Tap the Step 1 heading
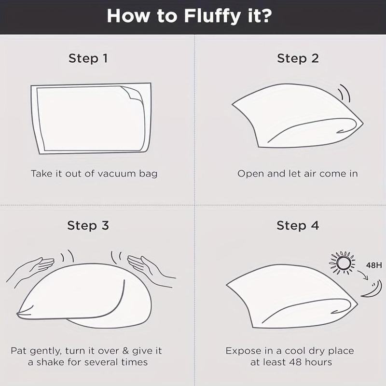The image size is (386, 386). pos(88,58)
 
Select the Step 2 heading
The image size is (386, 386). pos(298,58)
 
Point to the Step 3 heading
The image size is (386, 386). pos(88,225)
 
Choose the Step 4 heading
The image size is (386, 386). pos(298,225)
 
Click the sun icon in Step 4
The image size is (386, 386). pos(343,262)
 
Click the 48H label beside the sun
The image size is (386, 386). pos(374,265)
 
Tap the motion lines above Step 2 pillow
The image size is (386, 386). pos(344,93)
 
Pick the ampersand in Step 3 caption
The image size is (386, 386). pos(125,351)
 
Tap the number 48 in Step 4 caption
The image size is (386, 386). pos(296,362)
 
